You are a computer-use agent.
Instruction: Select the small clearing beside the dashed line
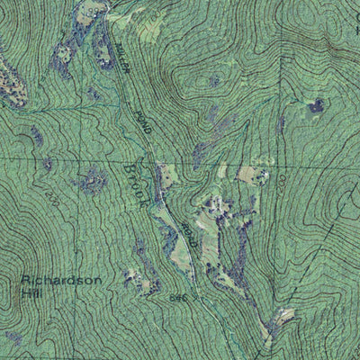(284, 317)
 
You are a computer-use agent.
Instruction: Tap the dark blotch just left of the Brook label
(93, 184)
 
